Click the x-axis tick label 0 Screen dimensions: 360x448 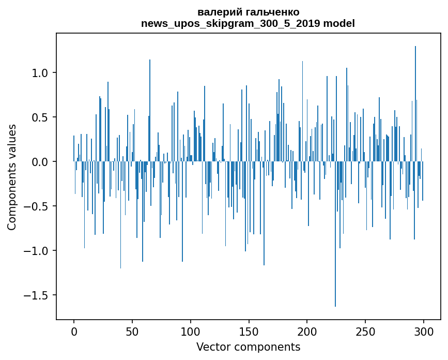point(74,331)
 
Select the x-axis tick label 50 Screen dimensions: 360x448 point(132,331)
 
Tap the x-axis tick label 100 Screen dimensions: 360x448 point(191,331)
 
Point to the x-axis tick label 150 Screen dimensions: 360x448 point(249,331)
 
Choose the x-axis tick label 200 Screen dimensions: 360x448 point(307,331)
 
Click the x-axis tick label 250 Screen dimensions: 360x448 point(366,331)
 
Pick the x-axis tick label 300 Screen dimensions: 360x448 point(424,331)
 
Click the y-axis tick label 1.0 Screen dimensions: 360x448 point(40,73)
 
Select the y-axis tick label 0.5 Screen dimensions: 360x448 point(40,117)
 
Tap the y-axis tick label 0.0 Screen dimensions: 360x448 point(40,162)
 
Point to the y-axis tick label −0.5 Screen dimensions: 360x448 point(37,206)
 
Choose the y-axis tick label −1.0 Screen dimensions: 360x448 point(37,251)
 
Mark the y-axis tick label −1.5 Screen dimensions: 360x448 point(37,295)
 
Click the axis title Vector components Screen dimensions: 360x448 point(248,347)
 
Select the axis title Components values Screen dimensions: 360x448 point(12,177)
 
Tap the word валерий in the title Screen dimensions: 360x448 point(216,12)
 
